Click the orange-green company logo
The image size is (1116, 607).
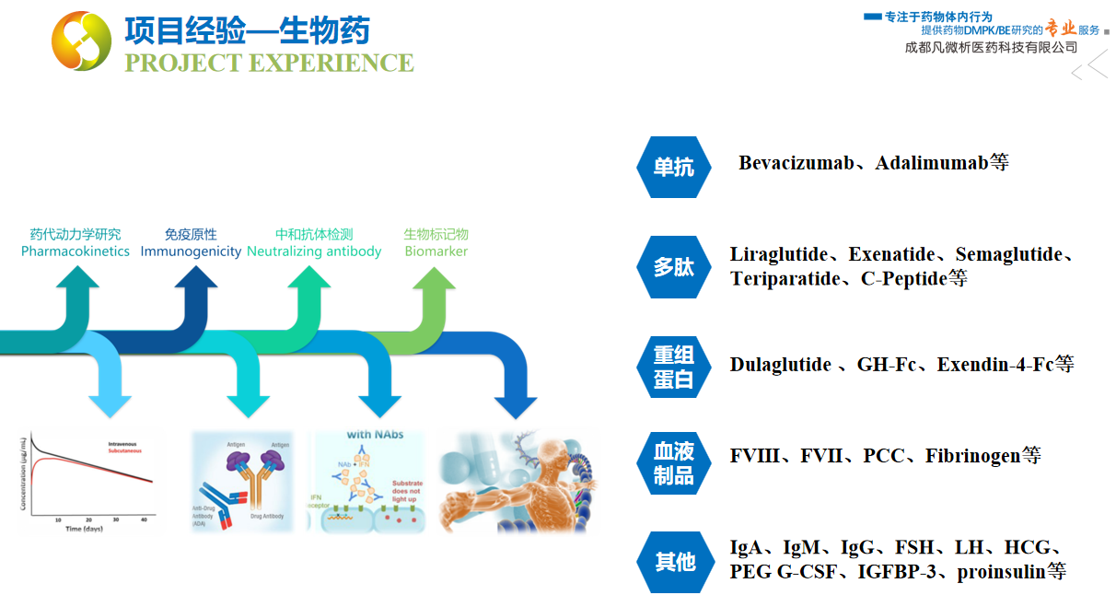81,41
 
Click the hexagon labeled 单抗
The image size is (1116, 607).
674,167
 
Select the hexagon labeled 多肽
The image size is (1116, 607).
674,267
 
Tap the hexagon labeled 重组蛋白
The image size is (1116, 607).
674,367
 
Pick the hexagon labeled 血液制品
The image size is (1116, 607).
674,463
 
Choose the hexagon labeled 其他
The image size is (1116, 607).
674,561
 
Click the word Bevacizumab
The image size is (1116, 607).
796,163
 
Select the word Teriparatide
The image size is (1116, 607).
785,278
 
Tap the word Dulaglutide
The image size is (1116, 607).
780,365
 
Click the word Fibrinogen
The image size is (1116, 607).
973,455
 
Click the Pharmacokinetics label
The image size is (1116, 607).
76,251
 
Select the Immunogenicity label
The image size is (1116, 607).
191,251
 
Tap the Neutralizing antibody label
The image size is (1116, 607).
314,251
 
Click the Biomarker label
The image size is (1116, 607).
436,251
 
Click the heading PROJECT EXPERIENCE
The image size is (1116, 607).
269,63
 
